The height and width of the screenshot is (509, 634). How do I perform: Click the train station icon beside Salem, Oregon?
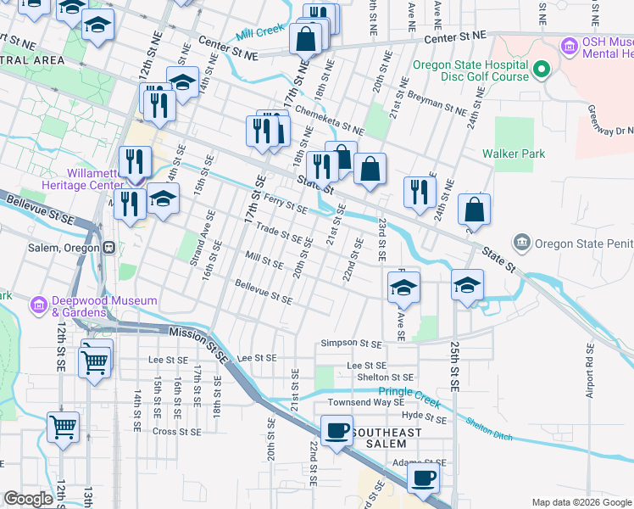[x=108, y=248]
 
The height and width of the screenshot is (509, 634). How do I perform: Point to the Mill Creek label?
[x=259, y=32]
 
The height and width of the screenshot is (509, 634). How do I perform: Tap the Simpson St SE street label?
[x=353, y=344]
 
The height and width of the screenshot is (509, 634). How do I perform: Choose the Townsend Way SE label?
[x=367, y=402]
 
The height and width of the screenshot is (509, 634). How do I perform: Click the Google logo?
[x=28, y=499]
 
